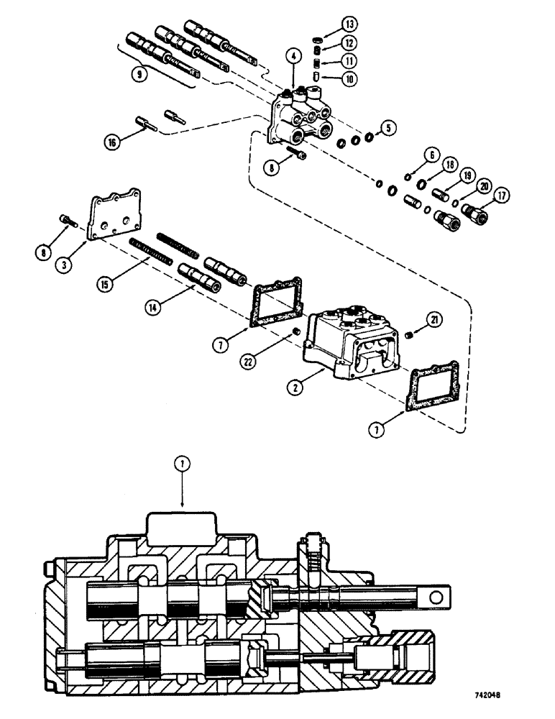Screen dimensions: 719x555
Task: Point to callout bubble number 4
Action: [293, 55]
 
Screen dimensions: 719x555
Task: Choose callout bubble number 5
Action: [388, 129]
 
